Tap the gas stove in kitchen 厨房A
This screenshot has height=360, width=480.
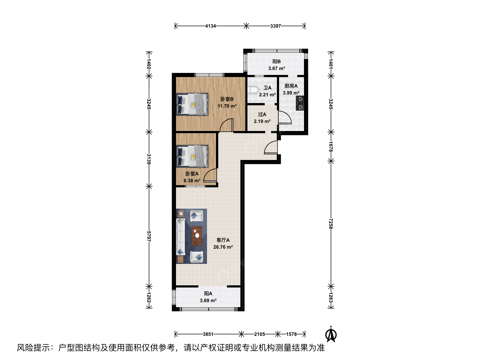(x=300, y=103)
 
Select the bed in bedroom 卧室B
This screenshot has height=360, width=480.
(x=192, y=104)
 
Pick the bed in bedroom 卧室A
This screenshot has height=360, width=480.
(x=192, y=156)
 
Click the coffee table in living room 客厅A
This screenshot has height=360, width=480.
(x=197, y=236)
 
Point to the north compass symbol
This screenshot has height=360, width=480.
(x=331, y=335)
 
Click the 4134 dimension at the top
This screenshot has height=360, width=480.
(x=210, y=26)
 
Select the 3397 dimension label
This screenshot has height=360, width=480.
(x=276, y=26)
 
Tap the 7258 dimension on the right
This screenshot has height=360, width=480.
(x=331, y=223)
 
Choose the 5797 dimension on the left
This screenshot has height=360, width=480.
(x=149, y=236)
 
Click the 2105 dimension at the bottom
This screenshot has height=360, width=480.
(x=259, y=334)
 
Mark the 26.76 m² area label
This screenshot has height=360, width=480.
(x=223, y=247)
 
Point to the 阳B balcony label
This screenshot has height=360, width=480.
(x=276, y=62)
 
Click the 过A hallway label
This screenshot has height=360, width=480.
(x=262, y=114)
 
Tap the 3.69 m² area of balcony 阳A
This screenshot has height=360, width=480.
(x=208, y=301)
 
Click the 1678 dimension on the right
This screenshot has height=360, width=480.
(x=331, y=147)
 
